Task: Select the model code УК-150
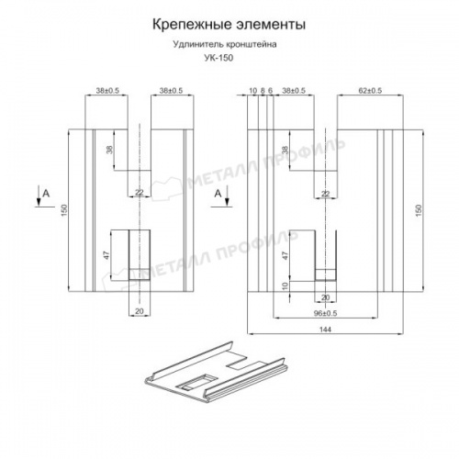coord(218,56)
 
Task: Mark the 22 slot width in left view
coord(140,192)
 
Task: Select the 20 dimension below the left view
coord(140,312)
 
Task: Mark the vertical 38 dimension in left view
coord(107,151)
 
